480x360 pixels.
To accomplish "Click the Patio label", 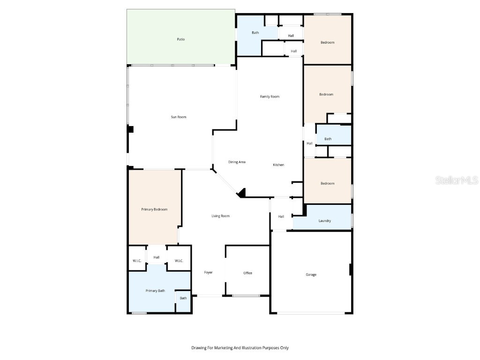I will (x=180, y=39).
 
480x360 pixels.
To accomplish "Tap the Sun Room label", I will (x=179, y=117).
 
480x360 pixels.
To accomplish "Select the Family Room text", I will (x=270, y=97).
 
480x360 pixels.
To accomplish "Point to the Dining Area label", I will (x=237, y=162).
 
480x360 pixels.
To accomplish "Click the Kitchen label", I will (x=278, y=165).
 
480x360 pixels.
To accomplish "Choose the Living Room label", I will (x=220, y=216).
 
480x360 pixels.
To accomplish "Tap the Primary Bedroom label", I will (x=154, y=210).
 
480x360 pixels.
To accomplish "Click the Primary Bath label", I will (x=155, y=291).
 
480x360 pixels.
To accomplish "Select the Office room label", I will (x=247, y=273).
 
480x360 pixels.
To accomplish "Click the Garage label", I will (x=311, y=275).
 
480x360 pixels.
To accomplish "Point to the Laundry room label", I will (x=325, y=221).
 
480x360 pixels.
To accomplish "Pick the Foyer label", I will (x=208, y=272).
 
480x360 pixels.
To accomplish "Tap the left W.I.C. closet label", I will (x=137, y=261).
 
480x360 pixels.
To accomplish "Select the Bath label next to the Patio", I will (x=255, y=33).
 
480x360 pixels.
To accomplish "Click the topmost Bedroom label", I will (x=327, y=43).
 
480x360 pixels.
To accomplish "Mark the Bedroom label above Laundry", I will (x=327, y=183).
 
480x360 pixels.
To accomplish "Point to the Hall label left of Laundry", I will (x=281, y=217).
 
